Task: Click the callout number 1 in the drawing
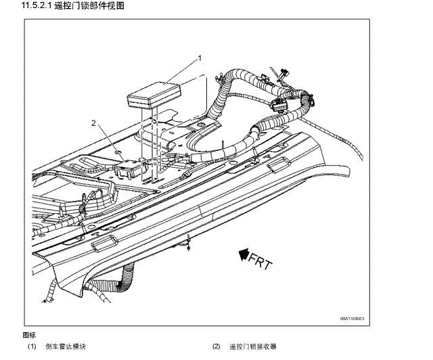pyautogui.click(x=200, y=60)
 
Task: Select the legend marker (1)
pyautogui.click(x=32, y=346)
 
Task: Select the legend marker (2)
pyautogui.click(x=216, y=346)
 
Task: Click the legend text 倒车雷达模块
pyautogui.click(x=66, y=346)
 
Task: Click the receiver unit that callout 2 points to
pyautogui.click(x=133, y=166)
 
